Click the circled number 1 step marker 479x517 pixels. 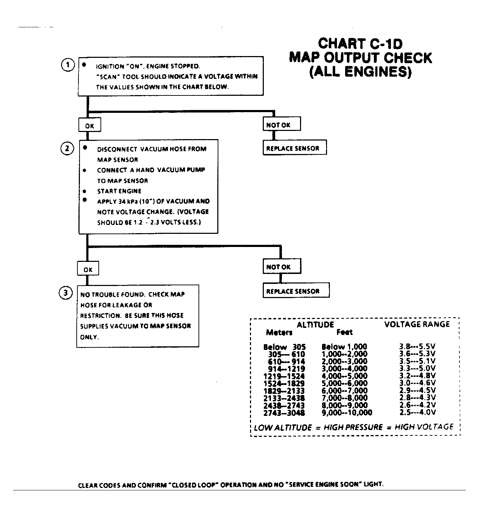click(68, 65)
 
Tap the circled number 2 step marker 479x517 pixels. click(67, 148)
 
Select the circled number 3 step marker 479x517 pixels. click(66, 293)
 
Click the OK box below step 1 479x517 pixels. click(89, 125)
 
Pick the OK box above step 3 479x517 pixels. click(88, 268)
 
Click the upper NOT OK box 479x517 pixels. click(282, 123)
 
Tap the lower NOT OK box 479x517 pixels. click(282, 266)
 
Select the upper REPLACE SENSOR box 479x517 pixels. click(295, 147)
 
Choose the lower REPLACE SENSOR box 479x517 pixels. click(296, 290)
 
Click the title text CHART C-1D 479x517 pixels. click(360, 44)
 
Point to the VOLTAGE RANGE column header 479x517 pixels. click(417, 324)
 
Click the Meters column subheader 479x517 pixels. click(279, 332)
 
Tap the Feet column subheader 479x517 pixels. click(344, 332)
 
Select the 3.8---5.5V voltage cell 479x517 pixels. click(417, 346)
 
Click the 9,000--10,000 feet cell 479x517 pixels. click(347, 413)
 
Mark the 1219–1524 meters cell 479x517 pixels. click(284, 376)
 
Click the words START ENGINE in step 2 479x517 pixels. click(119, 191)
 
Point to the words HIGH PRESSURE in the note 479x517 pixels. click(353, 427)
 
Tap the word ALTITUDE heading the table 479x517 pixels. click(315, 325)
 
